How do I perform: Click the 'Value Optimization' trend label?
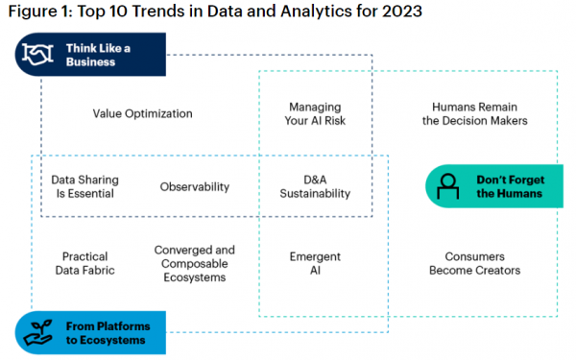[143, 113]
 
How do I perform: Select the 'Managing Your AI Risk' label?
[316, 113]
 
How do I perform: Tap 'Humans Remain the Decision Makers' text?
[479, 113]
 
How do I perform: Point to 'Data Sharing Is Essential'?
[83, 186]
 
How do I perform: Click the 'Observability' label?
[195, 186]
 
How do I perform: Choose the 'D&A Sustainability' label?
[315, 186]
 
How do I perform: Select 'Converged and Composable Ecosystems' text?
[195, 263]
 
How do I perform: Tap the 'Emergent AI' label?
[315, 263]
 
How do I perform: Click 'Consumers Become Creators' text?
[482, 263]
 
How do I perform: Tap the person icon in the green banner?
[445, 185]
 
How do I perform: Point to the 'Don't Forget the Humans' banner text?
[509, 185]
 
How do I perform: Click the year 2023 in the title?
[393, 13]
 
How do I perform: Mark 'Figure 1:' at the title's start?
[36, 13]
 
